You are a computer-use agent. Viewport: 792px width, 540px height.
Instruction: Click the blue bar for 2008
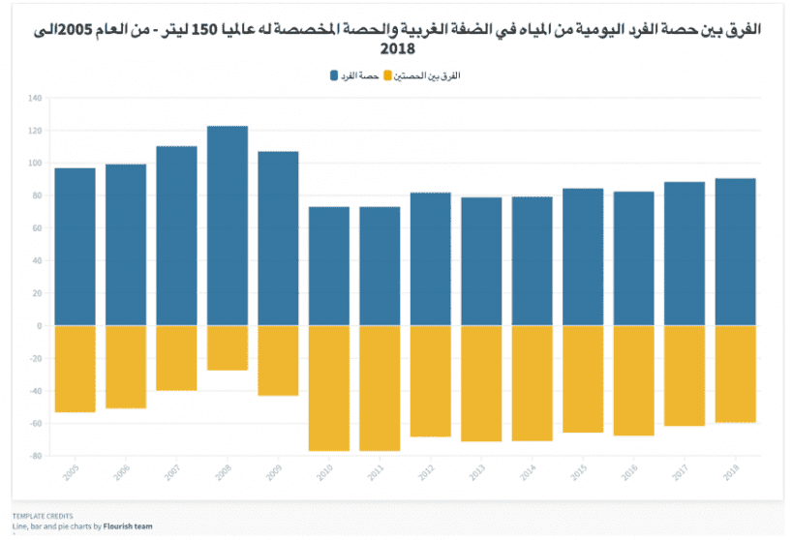coord(228,225)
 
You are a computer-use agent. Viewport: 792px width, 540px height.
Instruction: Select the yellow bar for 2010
coord(329,388)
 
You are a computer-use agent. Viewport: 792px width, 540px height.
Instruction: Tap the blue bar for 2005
coord(75,247)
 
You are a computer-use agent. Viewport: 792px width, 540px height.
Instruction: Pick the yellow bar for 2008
coord(228,347)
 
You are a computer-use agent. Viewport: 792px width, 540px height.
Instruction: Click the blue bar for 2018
coord(735,252)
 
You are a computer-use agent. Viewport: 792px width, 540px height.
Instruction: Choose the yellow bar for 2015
coord(583,378)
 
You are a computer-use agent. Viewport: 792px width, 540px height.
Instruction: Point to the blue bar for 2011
coord(380,266)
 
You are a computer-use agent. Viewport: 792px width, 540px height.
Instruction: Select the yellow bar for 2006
coord(126,367)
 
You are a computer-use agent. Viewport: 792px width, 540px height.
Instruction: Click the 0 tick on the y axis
coord(40,326)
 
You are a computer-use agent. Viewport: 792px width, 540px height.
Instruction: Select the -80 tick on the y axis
coord(36,456)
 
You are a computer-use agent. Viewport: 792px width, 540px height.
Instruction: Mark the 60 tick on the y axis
coord(38,228)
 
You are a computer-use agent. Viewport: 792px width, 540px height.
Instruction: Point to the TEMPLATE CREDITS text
coord(43,516)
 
